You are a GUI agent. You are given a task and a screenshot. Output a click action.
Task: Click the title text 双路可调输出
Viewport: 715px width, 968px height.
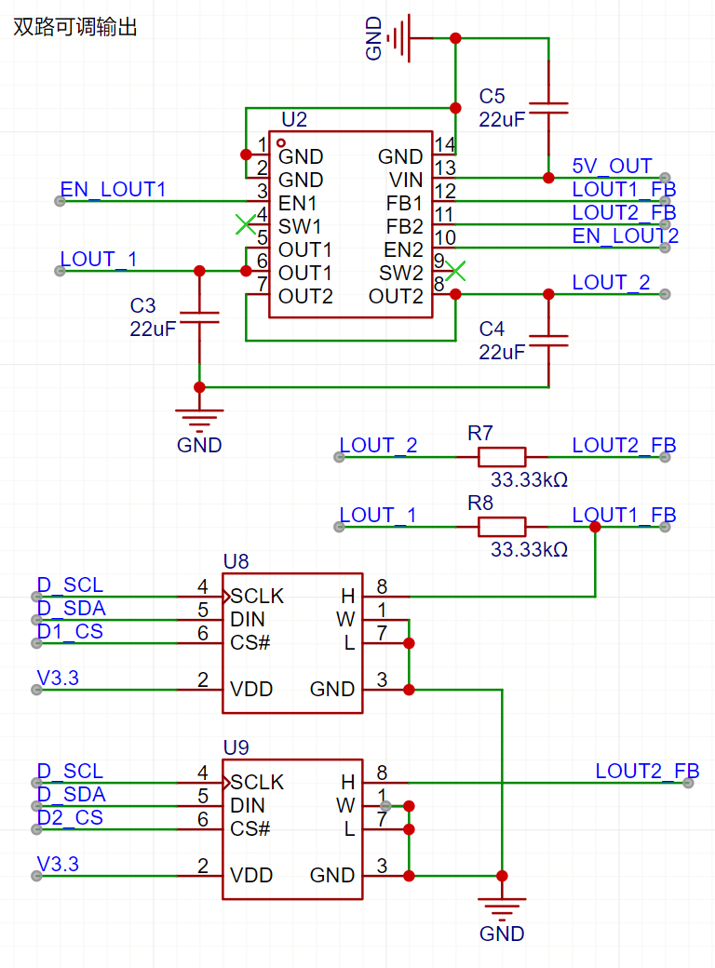point(75,28)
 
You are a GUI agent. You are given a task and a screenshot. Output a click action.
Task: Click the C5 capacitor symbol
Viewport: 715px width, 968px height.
point(547,107)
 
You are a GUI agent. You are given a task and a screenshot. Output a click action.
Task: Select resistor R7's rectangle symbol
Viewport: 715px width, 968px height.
point(501,456)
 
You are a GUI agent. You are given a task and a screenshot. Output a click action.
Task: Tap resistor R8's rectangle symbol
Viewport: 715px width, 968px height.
point(501,526)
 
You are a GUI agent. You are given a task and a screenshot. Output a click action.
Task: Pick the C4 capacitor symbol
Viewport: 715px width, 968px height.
point(547,340)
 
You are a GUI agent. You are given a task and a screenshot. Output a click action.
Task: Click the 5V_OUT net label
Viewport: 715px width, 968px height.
point(612,166)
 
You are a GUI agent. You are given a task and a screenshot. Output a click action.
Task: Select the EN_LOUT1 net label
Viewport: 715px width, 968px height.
point(113,190)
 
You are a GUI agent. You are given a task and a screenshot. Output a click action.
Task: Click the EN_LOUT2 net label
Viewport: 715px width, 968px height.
point(625,235)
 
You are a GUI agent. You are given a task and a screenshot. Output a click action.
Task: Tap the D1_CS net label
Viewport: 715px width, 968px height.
point(70,632)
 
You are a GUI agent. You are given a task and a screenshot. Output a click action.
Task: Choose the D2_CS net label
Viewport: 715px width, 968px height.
point(70,818)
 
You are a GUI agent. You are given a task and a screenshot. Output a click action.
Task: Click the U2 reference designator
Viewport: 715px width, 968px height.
point(293,119)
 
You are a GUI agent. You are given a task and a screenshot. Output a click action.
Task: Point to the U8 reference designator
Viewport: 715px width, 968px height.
point(236,561)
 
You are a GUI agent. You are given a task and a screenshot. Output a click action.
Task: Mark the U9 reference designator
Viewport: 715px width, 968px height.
point(236,747)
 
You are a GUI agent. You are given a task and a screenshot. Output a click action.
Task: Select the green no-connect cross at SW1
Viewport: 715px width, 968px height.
point(245,224)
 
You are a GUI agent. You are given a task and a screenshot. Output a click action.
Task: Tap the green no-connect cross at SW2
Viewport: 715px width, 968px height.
point(456,272)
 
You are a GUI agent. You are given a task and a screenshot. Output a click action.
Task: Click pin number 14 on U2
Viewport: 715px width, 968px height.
point(445,144)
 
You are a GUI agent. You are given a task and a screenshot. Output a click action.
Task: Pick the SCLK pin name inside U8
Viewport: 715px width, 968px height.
point(258,596)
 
